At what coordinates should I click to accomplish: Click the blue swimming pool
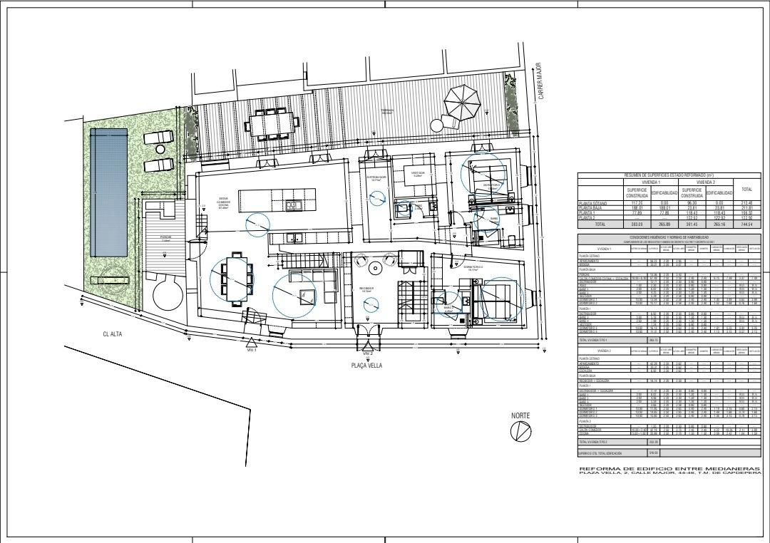pos(109,192)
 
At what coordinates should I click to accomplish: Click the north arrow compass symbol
pos(520,432)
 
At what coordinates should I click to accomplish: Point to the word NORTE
pos(520,415)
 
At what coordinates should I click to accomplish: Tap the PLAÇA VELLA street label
pos(366,365)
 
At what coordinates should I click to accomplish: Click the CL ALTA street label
pos(114,333)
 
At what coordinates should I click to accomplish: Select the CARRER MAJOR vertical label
pos(541,80)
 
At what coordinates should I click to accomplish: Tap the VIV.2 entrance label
pos(367,353)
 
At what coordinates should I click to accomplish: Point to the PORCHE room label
pos(165,237)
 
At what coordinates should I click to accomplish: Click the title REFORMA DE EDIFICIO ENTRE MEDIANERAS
pos(669,468)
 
